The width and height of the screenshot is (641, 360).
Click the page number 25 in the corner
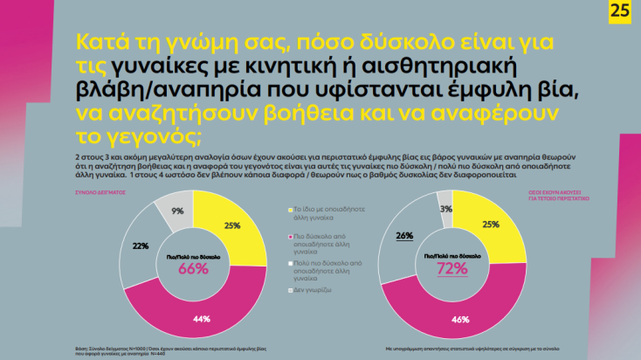(621, 13)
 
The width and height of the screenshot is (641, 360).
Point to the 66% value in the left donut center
(193, 269)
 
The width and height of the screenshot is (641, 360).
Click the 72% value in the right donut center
(452, 269)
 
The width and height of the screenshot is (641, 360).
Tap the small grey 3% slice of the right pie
(445, 208)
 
